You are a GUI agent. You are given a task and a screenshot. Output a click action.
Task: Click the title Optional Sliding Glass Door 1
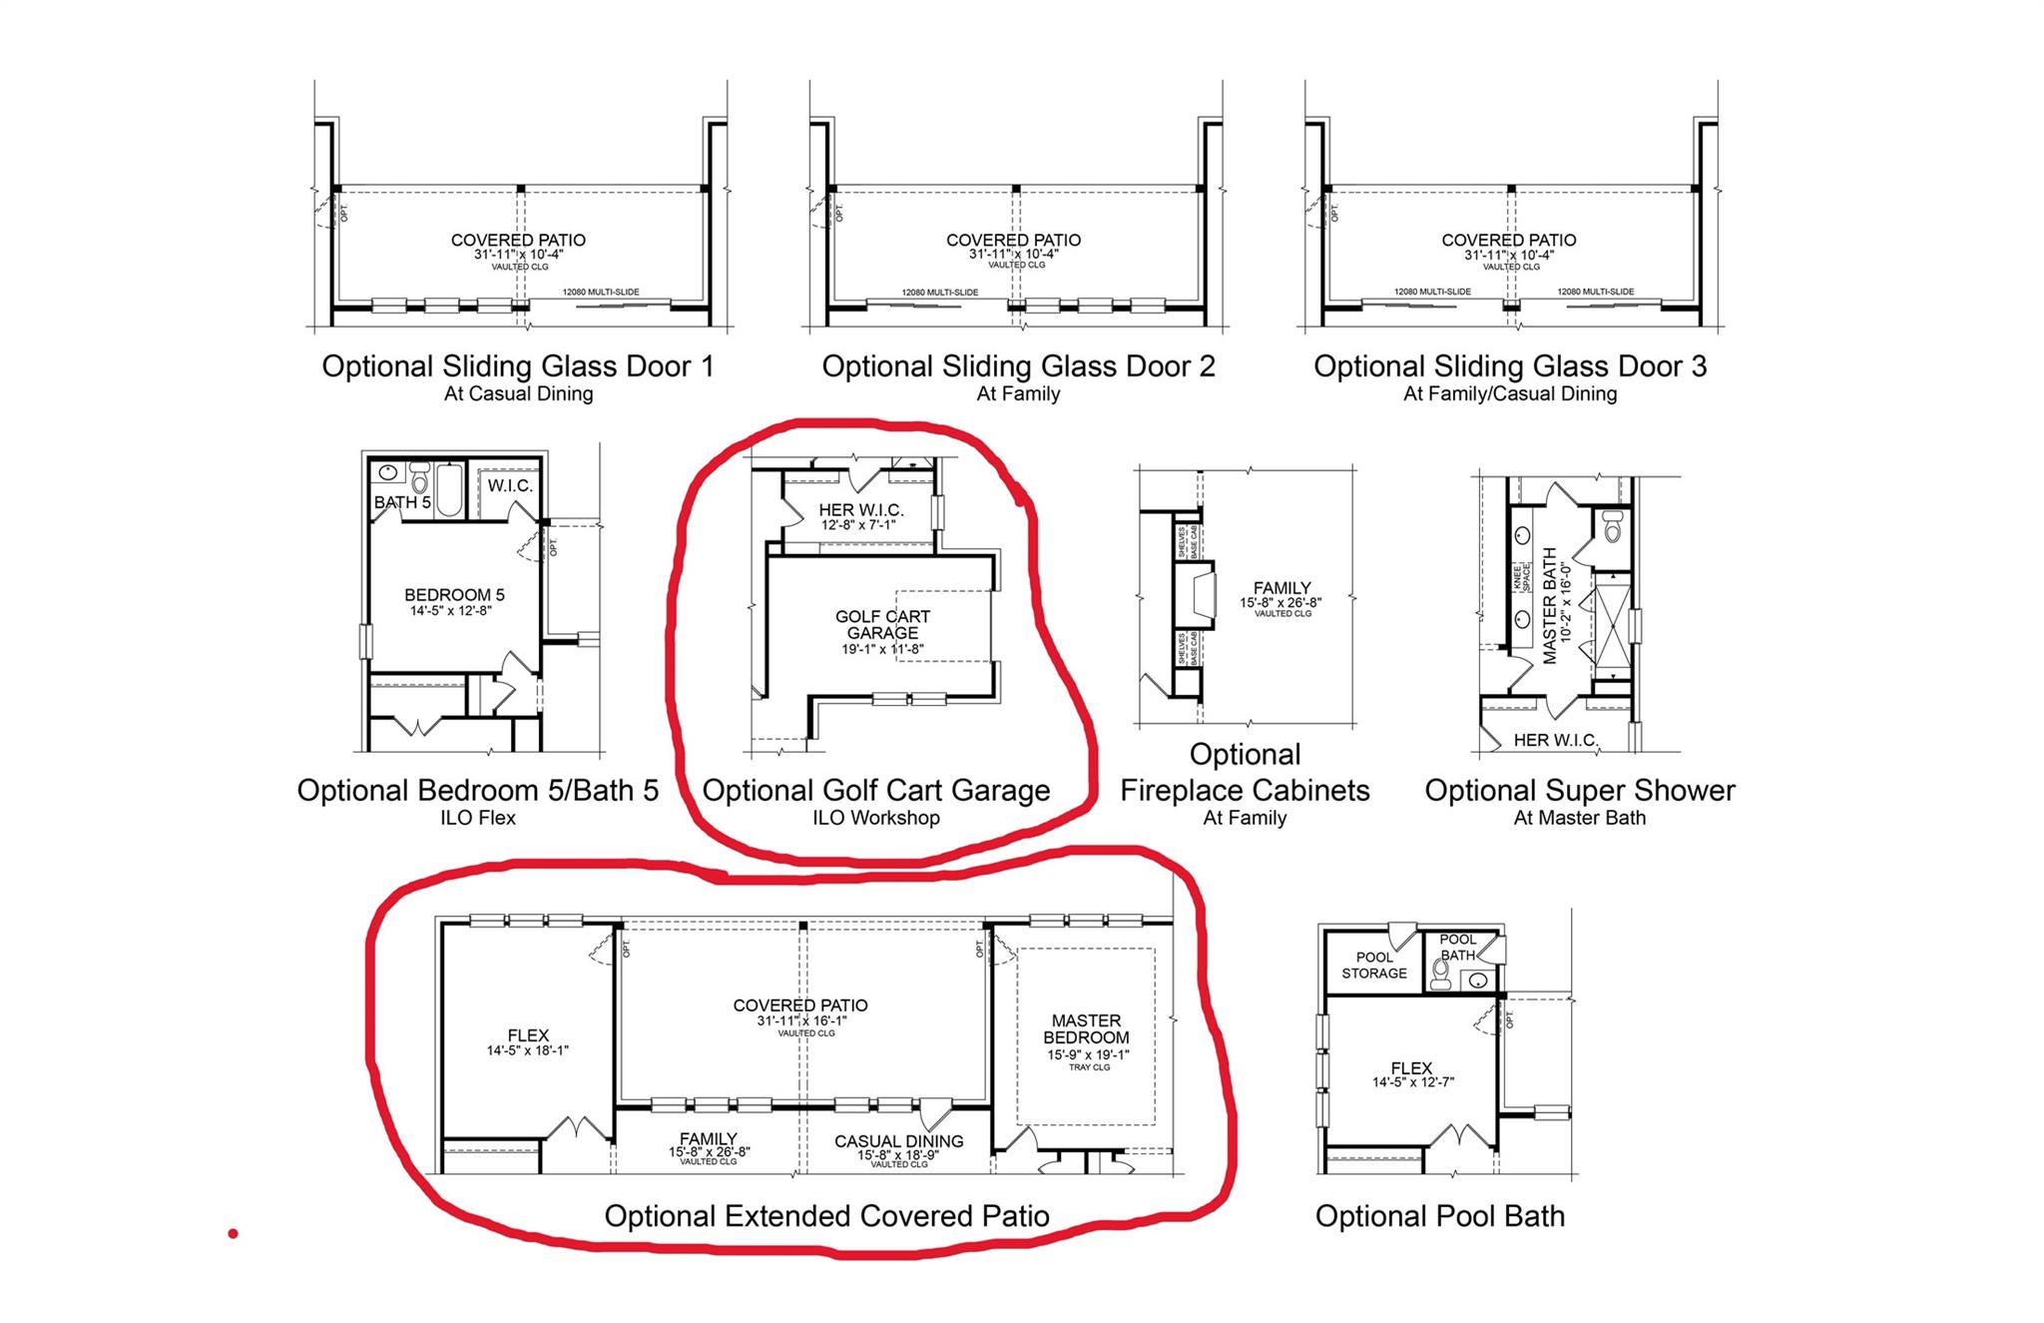(x=518, y=366)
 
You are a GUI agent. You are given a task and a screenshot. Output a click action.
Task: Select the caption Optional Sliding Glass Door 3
(x=1509, y=366)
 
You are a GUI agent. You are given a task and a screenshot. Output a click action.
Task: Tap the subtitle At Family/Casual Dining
(x=1509, y=393)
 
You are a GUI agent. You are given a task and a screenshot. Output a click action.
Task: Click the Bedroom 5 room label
(x=454, y=596)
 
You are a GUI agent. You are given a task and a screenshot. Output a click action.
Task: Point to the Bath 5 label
(x=402, y=502)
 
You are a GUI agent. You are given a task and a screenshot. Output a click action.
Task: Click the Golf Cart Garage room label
(x=882, y=625)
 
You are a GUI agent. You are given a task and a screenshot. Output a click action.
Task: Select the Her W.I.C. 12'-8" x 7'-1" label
(x=860, y=516)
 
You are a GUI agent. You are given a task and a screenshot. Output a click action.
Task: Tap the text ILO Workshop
(x=875, y=818)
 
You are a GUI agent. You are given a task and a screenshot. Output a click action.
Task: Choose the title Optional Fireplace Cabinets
(x=1245, y=773)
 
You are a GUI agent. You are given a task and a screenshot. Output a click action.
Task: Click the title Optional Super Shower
(x=1579, y=791)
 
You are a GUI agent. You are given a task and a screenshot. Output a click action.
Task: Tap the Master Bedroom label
(x=1086, y=1029)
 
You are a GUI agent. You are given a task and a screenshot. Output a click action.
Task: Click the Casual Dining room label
(x=898, y=1141)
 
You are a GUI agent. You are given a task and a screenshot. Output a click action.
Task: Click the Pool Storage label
(x=1373, y=965)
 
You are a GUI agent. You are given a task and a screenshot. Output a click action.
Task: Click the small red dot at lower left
(x=233, y=1234)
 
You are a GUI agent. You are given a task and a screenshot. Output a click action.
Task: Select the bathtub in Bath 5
(x=449, y=489)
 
